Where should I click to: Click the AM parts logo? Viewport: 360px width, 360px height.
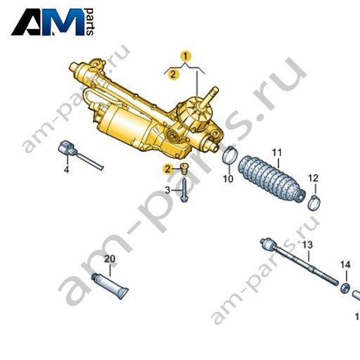click(x=53, y=22)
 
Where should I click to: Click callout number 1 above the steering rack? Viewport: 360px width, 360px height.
click(x=186, y=56)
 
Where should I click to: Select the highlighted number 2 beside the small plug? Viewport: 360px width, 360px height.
click(x=167, y=169)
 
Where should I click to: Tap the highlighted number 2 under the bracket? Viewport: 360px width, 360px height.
click(x=173, y=75)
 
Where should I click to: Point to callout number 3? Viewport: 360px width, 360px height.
click(x=167, y=190)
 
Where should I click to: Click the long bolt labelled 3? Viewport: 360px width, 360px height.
click(x=184, y=190)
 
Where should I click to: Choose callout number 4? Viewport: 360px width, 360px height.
click(x=67, y=169)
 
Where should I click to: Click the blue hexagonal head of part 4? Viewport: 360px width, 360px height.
click(x=65, y=147)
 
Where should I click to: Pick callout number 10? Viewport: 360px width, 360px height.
click(x=228, y=179)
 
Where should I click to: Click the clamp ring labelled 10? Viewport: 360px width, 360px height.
click(x=230, y=155)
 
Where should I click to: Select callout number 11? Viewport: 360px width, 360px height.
click(x=277, y=153)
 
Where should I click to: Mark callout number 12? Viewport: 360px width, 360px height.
click(x=314, y=179)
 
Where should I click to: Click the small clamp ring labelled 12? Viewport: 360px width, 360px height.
click(x=314, y=203)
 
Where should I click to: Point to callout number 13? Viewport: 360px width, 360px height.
click(x=307, y=245)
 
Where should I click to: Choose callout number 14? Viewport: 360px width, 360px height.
click(x=345, y=265)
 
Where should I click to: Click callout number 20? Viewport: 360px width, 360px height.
click(x=110, y=259)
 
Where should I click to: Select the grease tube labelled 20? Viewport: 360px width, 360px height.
click(x=110, y=286)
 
